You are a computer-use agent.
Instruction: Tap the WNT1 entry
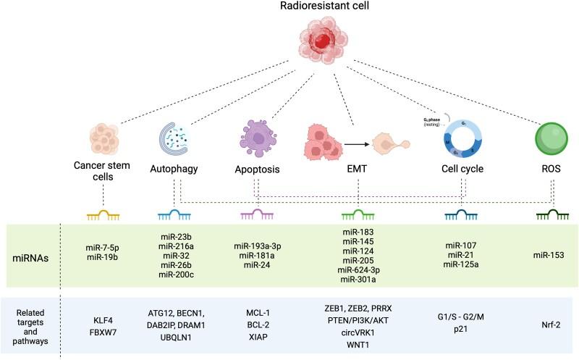pos(358,346)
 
